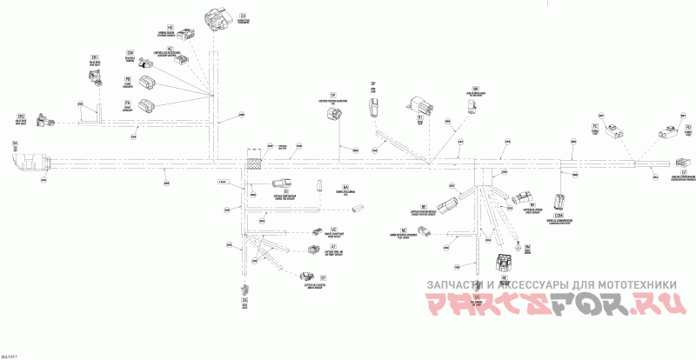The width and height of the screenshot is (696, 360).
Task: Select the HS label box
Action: click(170, 28)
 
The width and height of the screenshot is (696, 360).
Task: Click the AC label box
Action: click(170, 48)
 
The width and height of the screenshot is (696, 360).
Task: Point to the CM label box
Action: click(130, 52)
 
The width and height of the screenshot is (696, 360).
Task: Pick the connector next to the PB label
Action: click(149, 83)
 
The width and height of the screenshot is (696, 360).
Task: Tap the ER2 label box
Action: click(21, 116)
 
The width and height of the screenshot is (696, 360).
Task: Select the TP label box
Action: click(332, 94)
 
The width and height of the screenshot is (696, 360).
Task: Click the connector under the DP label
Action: click(372, 108)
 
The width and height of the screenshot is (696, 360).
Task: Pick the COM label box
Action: click(559, 214)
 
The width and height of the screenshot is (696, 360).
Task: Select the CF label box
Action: click(686, 173)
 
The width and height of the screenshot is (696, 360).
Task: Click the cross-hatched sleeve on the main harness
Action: click(256, 161)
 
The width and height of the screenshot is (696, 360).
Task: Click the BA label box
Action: click(345, 188)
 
